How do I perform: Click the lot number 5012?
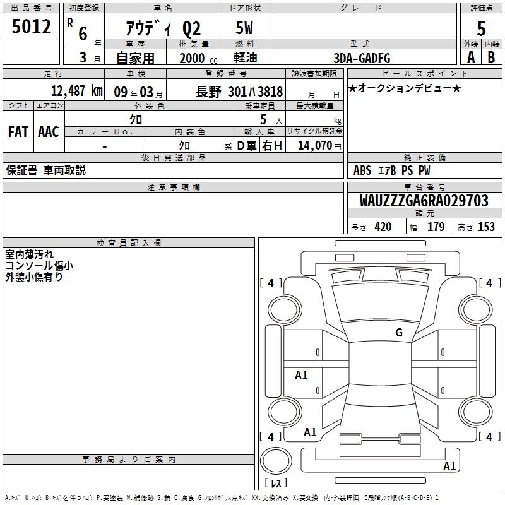pyautogui.click(x=31, y=27)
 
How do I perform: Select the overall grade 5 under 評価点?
pyautogui.click(x=481, y=29)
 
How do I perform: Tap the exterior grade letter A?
pyautogui.click(x=471, y=57)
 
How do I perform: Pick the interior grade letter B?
pyautogui.click(x=491, y=57)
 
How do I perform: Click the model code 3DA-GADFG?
pyautogui.click(x=362, y=58)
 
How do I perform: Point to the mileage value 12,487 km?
pyautogui.click(x=77, y=91)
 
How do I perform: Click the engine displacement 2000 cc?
pyautogui.click(x=198, y=59)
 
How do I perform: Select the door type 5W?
pyautogui.click(x=244, y=28)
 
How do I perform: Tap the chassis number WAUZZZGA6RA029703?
pyautogui.click(x=424, y=201)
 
